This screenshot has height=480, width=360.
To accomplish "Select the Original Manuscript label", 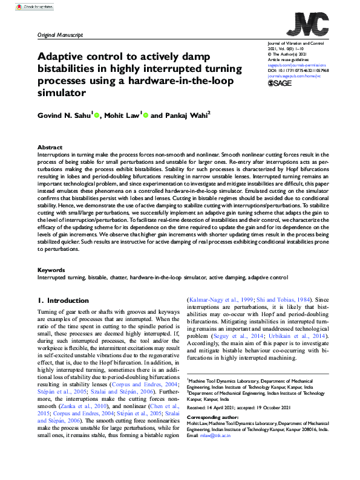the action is (x=61, y=35).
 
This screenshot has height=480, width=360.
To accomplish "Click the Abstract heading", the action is (x=50, y=148).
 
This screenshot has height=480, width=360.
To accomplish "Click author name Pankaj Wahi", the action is (x=171, y=115).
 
